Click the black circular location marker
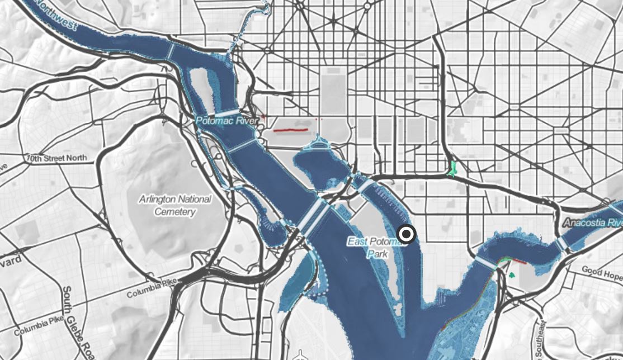[x=407, y=234]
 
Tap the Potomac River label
[x=226, y=121]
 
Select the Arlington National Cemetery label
[x=175, y=205]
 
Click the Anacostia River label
[x=592, y=222]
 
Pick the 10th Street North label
[x=56, y=158]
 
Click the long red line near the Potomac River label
[x=290, y=130]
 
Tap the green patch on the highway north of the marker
[x=453, y=168]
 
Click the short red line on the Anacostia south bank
[x=518, y=261]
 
